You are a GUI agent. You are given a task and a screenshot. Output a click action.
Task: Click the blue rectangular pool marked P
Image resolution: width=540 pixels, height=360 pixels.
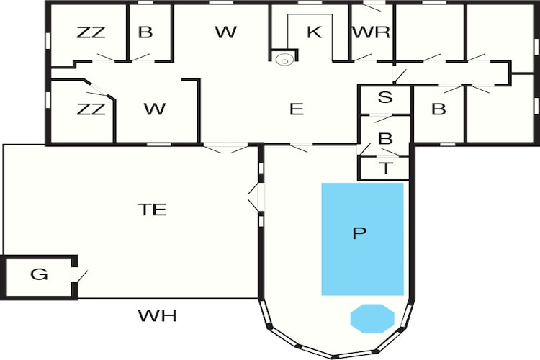(363, 239)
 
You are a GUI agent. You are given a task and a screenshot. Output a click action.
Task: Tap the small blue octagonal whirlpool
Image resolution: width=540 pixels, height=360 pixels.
(372, 319)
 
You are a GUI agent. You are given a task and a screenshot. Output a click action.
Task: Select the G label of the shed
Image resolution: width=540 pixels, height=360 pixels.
(39, 274)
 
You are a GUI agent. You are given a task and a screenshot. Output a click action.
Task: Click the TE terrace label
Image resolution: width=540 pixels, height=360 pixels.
(152, 210)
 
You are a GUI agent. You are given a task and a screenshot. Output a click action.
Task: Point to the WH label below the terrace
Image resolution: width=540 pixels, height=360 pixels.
(158, 315)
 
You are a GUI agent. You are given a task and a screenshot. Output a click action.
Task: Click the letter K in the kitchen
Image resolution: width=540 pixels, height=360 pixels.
(314, 32)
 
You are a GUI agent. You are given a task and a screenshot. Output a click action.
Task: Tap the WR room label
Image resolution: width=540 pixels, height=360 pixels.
(372, 32)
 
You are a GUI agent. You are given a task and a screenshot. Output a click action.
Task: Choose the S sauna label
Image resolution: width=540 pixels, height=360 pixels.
(385, 97)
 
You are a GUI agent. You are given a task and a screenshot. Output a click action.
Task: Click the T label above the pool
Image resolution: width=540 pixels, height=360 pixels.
(386, 168)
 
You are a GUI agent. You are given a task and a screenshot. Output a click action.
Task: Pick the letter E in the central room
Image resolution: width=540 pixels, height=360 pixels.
(297, 109)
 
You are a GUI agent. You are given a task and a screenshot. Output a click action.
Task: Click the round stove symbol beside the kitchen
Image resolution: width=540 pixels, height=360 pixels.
(284, 60)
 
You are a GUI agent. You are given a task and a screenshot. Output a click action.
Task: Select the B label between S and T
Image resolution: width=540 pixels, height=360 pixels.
(385, 138)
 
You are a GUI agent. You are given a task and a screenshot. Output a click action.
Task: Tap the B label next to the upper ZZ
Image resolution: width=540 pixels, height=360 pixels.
(145, 32)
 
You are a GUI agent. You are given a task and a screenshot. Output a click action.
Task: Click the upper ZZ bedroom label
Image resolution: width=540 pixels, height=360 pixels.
(91, 32)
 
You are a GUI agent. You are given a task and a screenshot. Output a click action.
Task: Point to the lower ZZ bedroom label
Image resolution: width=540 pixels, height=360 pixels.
(91, 109)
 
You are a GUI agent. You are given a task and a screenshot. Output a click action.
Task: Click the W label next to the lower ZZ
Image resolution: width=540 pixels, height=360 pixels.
(155, 109)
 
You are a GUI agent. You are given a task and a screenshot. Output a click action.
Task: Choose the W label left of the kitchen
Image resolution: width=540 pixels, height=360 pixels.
(226, 32)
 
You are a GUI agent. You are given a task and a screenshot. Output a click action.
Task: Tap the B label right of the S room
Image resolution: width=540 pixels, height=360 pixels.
(438, 109)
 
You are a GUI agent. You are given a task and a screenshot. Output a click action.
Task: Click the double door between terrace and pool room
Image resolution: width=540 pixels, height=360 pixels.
(256, 197)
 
